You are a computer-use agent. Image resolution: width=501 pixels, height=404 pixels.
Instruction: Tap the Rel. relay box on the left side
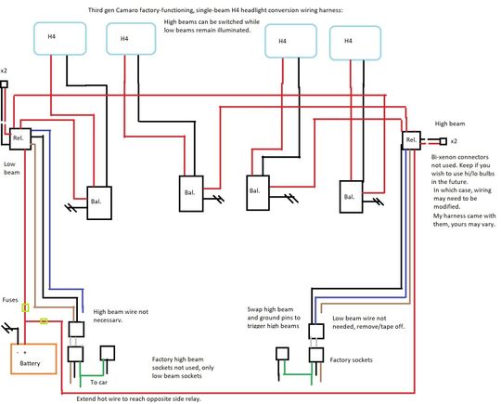pos(18,139)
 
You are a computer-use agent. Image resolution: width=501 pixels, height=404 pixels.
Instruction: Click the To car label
pos(98,382)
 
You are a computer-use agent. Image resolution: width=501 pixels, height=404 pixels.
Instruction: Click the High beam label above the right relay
pos(452,123)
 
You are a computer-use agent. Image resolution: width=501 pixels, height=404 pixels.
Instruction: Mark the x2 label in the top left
pos(4,71)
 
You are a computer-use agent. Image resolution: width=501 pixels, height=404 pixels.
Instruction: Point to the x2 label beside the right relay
pos(454,141)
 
